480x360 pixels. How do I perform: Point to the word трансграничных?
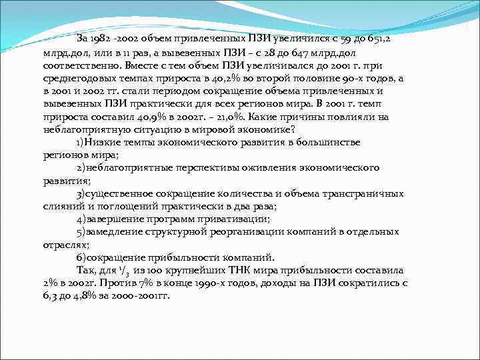362,193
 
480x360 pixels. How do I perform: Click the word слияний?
60,207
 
